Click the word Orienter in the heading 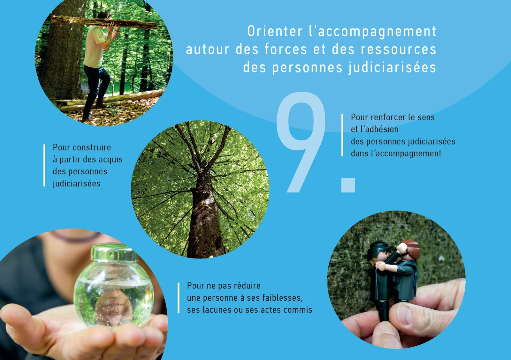(275, 31)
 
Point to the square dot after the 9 (348, 185)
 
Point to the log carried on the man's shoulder (105, 22)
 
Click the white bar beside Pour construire (44, 165)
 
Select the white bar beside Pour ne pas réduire (179, 298)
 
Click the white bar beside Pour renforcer (342, 135)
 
